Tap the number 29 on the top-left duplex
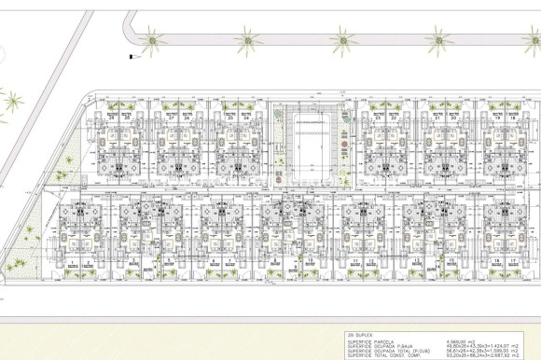[111, 118]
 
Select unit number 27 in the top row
[174, 118]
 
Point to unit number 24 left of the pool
[244, 118]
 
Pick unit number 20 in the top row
[453, 118]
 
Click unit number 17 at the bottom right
[513, 261]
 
